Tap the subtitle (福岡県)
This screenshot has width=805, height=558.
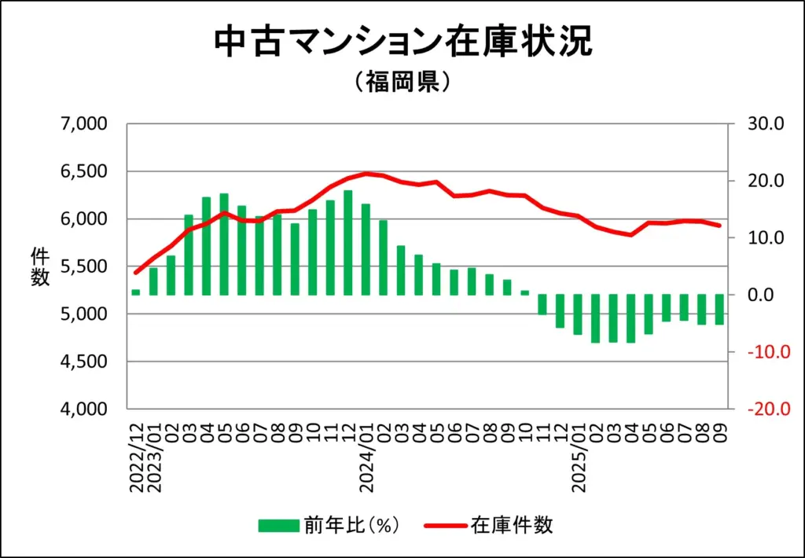click(402, 83)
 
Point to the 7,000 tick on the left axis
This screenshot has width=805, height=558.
click(83, 124)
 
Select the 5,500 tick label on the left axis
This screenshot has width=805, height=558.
click(83, 266)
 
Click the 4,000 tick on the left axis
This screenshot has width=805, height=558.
click(83, 409)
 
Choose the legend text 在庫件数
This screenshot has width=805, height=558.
click(512, 525)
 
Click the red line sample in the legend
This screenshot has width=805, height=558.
click(445, 525)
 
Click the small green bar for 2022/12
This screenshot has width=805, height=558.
click(136, 292)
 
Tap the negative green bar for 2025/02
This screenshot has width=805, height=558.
click(596, 318)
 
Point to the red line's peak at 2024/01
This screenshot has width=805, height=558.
click(366, 174)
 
